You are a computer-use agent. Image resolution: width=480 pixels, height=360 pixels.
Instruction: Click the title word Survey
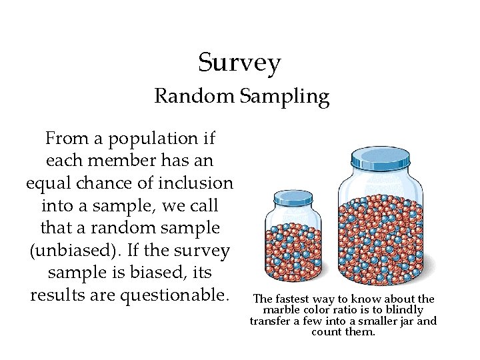pyautogui.click(x=239, y=63)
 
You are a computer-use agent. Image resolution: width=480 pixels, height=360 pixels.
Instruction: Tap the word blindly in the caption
pyautogui.click(x=404, y=310)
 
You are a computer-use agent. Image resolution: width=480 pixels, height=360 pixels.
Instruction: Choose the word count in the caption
pyautogui.click(x=325, y=331)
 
